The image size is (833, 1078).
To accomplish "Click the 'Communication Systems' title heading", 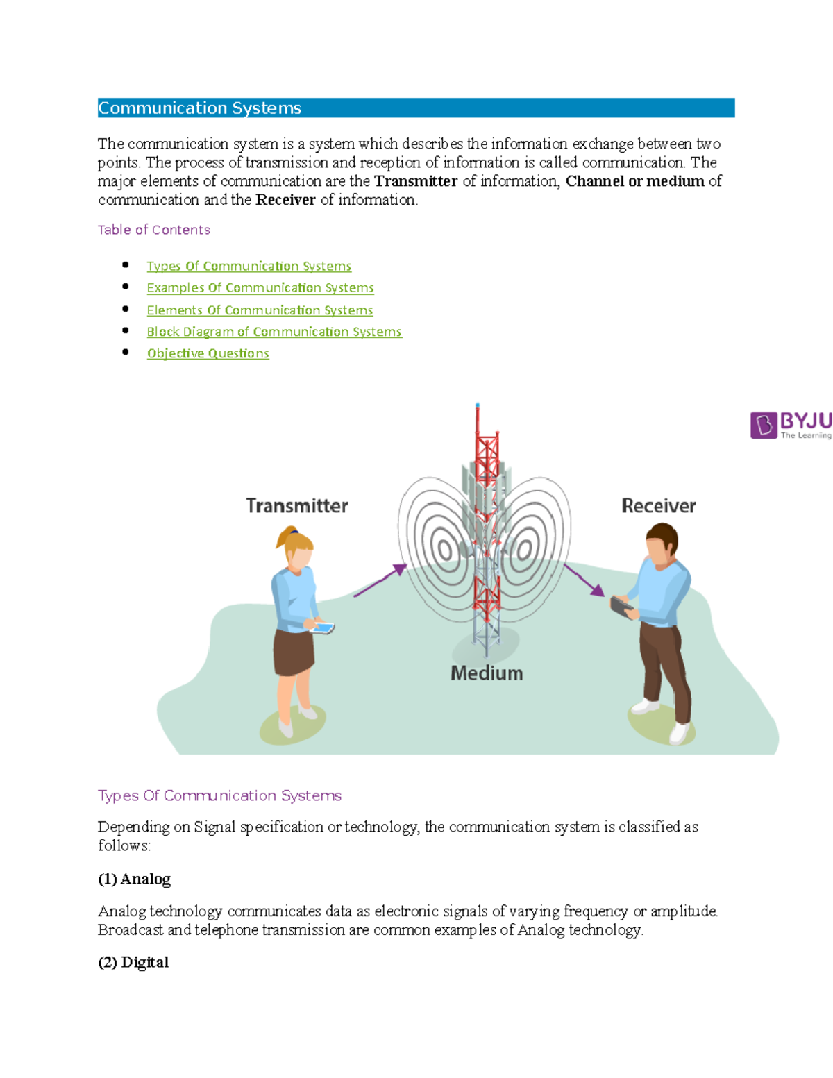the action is point(200,108).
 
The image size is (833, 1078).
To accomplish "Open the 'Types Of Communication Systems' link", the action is point(249,267).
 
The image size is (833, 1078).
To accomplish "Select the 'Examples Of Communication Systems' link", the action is point(260,288).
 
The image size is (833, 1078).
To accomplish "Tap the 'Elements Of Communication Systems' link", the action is point(260,310).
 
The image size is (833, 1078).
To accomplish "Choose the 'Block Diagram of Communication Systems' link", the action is point(274,332).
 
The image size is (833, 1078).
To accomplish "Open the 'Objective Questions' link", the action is point(208,353).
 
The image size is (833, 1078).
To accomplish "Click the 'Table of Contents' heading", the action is point(153,230).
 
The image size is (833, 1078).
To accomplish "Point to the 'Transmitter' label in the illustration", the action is point(297,506).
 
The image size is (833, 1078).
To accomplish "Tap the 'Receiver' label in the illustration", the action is point(658,506).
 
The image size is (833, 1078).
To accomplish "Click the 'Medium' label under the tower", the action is point(486,673).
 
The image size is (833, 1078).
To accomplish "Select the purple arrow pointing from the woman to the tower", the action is point(380,580).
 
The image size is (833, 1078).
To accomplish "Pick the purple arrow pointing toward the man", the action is point(584,580).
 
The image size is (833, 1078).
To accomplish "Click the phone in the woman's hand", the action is point(323,628).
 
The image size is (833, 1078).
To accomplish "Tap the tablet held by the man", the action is point(622,606).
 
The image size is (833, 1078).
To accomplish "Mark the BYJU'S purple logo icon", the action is point(764,425).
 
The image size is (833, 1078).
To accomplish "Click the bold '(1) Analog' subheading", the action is point(134,879).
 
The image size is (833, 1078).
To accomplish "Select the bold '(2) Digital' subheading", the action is point(133,963).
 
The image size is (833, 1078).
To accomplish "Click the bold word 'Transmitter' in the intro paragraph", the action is point(416,182).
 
